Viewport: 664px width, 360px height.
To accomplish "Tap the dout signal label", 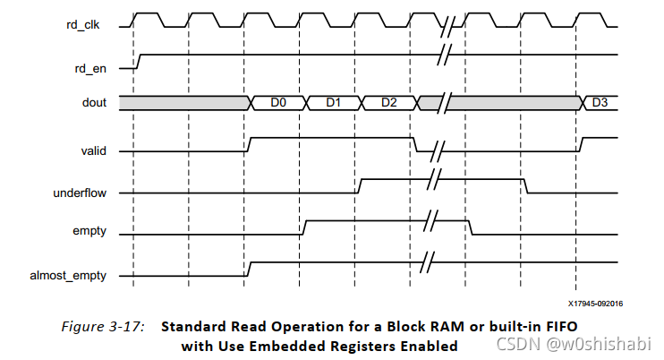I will [x=93, y=103].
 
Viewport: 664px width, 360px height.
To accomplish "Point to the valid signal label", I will [x=93, y=150].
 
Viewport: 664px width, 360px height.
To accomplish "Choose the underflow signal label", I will [x=82, y=193].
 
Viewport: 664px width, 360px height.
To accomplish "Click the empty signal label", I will [x=89, y=231].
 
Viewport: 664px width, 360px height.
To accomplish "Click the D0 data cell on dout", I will [x=277, y=103].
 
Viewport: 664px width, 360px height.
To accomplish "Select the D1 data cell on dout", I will [x=333, y=103].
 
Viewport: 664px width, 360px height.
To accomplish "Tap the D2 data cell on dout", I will [x=388, y=103].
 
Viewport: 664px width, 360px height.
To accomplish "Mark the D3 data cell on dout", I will [x=600, y=103].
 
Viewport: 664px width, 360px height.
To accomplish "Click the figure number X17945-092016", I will [x=595, y=304].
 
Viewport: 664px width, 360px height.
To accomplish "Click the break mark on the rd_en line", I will [x=443, y=56].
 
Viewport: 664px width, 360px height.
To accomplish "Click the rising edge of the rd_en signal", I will [x=137, y=61].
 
